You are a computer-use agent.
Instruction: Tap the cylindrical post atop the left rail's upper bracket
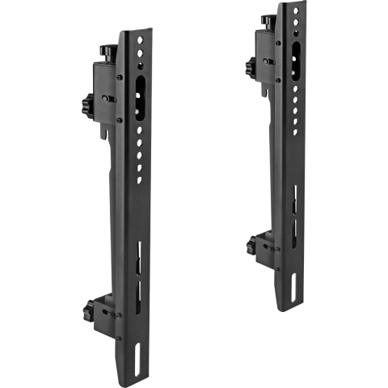point(103,53)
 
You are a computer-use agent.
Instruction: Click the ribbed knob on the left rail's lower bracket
point(86,309)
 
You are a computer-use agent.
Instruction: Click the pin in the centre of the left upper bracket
point(105,99)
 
